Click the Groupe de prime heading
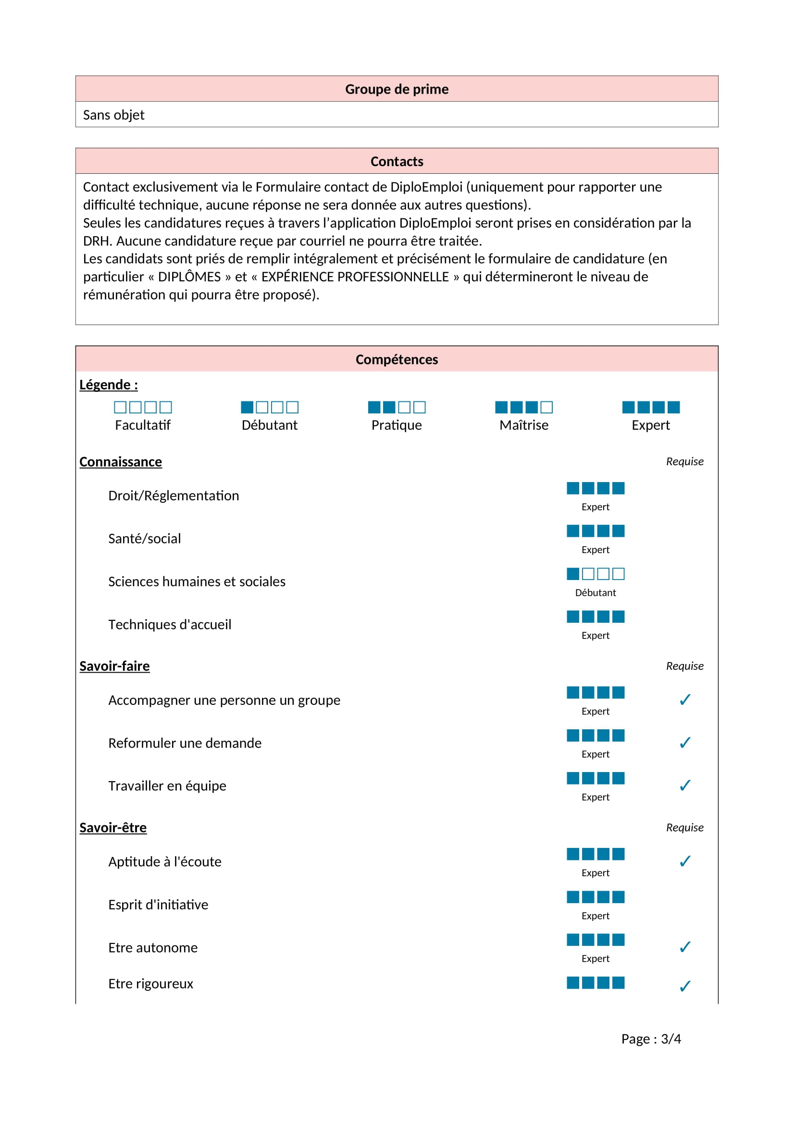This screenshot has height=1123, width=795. (397, 89)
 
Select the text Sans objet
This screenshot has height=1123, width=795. (113, 115)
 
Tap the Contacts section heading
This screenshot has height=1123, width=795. (397, 161)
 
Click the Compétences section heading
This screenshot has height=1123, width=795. (397, 360)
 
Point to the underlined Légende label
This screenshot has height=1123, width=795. (109, 385)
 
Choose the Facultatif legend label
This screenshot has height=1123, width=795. (142, 425)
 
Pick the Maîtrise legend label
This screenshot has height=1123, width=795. (524, 425)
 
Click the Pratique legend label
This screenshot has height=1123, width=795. (397, 425)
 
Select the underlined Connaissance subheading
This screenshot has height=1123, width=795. (121, 462)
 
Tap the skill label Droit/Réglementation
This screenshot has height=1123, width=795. (174, 495)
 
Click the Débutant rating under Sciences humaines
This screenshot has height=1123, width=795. (595, 592)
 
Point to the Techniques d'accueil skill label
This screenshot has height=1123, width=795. (169, 625)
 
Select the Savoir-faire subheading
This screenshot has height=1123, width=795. (114, 666)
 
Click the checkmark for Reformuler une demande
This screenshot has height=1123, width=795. (685, 742)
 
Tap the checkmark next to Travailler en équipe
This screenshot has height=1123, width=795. (685, 785)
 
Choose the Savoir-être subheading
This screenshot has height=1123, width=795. (113, 828)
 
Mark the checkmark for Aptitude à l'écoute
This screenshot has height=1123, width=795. (685, 861)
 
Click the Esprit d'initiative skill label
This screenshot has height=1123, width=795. (158, 905)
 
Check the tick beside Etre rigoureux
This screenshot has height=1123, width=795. (685, 986)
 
